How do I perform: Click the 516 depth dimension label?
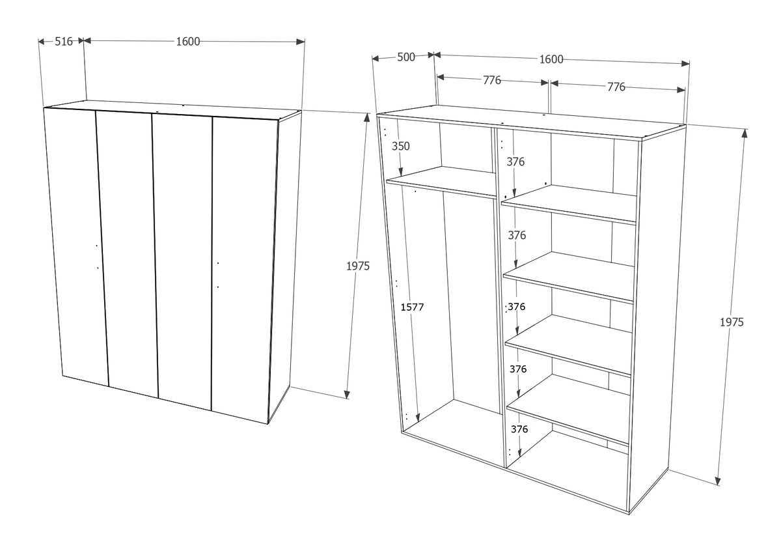64,42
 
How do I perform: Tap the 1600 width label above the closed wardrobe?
188,42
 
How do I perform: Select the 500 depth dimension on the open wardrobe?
406,57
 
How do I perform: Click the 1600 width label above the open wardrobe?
551,59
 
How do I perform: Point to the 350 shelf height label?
401,146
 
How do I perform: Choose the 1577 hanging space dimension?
412,307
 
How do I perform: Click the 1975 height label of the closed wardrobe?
358,266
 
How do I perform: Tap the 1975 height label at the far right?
732,322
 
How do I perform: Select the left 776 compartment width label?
492,80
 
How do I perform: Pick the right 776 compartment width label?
616,87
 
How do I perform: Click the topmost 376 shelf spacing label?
515,162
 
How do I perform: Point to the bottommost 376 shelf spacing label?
519,429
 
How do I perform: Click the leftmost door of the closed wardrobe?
75,246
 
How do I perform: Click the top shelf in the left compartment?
442,182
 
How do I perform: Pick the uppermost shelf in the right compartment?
569,205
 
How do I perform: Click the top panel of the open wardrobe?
531,123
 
